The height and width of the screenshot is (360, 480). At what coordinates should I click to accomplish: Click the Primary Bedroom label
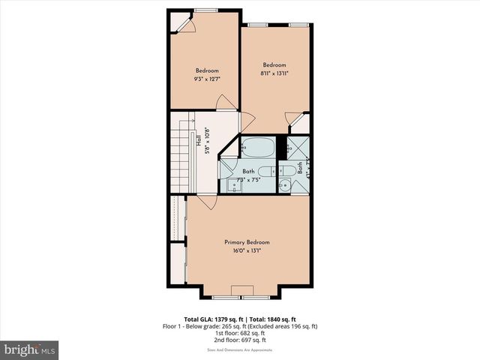[x=247, y=242]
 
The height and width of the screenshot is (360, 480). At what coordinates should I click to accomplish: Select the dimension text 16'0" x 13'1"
[x=247, y=250]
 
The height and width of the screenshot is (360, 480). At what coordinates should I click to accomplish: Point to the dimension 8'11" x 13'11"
[x=275, y=73]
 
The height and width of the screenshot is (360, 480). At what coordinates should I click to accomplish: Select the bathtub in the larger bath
[x=258, y=147]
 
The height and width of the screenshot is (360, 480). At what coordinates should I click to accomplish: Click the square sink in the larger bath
[x=235, y=186]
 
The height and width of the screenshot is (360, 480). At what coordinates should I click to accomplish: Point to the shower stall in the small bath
[x=300, y=145]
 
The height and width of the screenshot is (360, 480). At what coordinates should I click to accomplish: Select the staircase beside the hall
[x=179, y=150]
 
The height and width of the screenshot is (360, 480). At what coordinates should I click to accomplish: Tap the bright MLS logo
[x=30, y=350]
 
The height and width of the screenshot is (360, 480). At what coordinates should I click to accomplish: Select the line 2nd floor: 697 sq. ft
[x=241, y=340]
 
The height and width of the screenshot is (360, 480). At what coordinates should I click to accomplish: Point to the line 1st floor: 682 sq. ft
[x=241, y=333]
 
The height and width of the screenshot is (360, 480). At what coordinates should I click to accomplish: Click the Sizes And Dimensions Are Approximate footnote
[x=241, y=350]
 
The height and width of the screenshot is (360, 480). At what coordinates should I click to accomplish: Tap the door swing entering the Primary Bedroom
[x=207, y=202]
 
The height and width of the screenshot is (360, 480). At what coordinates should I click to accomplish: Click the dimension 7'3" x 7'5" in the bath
[x=247, y=180]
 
